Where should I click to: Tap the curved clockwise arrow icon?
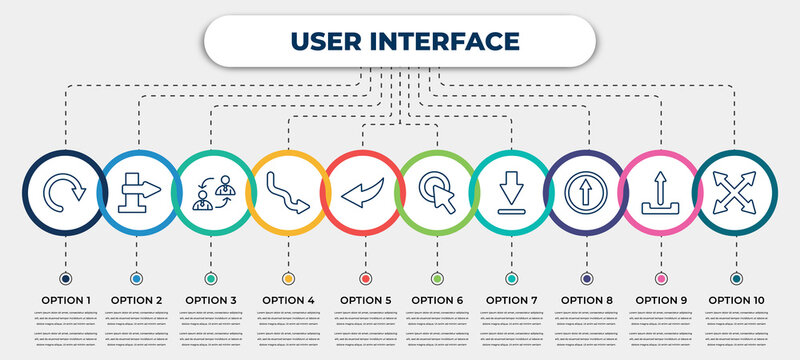[65, 189]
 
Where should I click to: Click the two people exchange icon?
[212, 189]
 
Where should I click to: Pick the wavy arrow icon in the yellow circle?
[287, 190]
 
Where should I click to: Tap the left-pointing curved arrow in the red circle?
[361, 190]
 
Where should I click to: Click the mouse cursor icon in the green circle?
[436, 190]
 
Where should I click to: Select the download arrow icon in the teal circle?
[510, 190]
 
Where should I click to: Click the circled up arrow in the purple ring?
[585, 190]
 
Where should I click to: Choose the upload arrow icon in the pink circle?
[660, 190]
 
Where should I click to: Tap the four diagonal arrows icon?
[735, 190]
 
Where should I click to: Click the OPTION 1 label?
[66, 299]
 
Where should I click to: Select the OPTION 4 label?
[288, 299]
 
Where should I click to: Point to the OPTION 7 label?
[511, 299]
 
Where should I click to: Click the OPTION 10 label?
[736, 299]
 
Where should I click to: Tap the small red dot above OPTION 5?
[365, 278]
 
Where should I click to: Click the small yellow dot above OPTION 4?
[288, 278]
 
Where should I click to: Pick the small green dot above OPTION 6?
[437, 278]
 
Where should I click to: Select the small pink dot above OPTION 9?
[660, 278]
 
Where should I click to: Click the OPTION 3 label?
[212, 299]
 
